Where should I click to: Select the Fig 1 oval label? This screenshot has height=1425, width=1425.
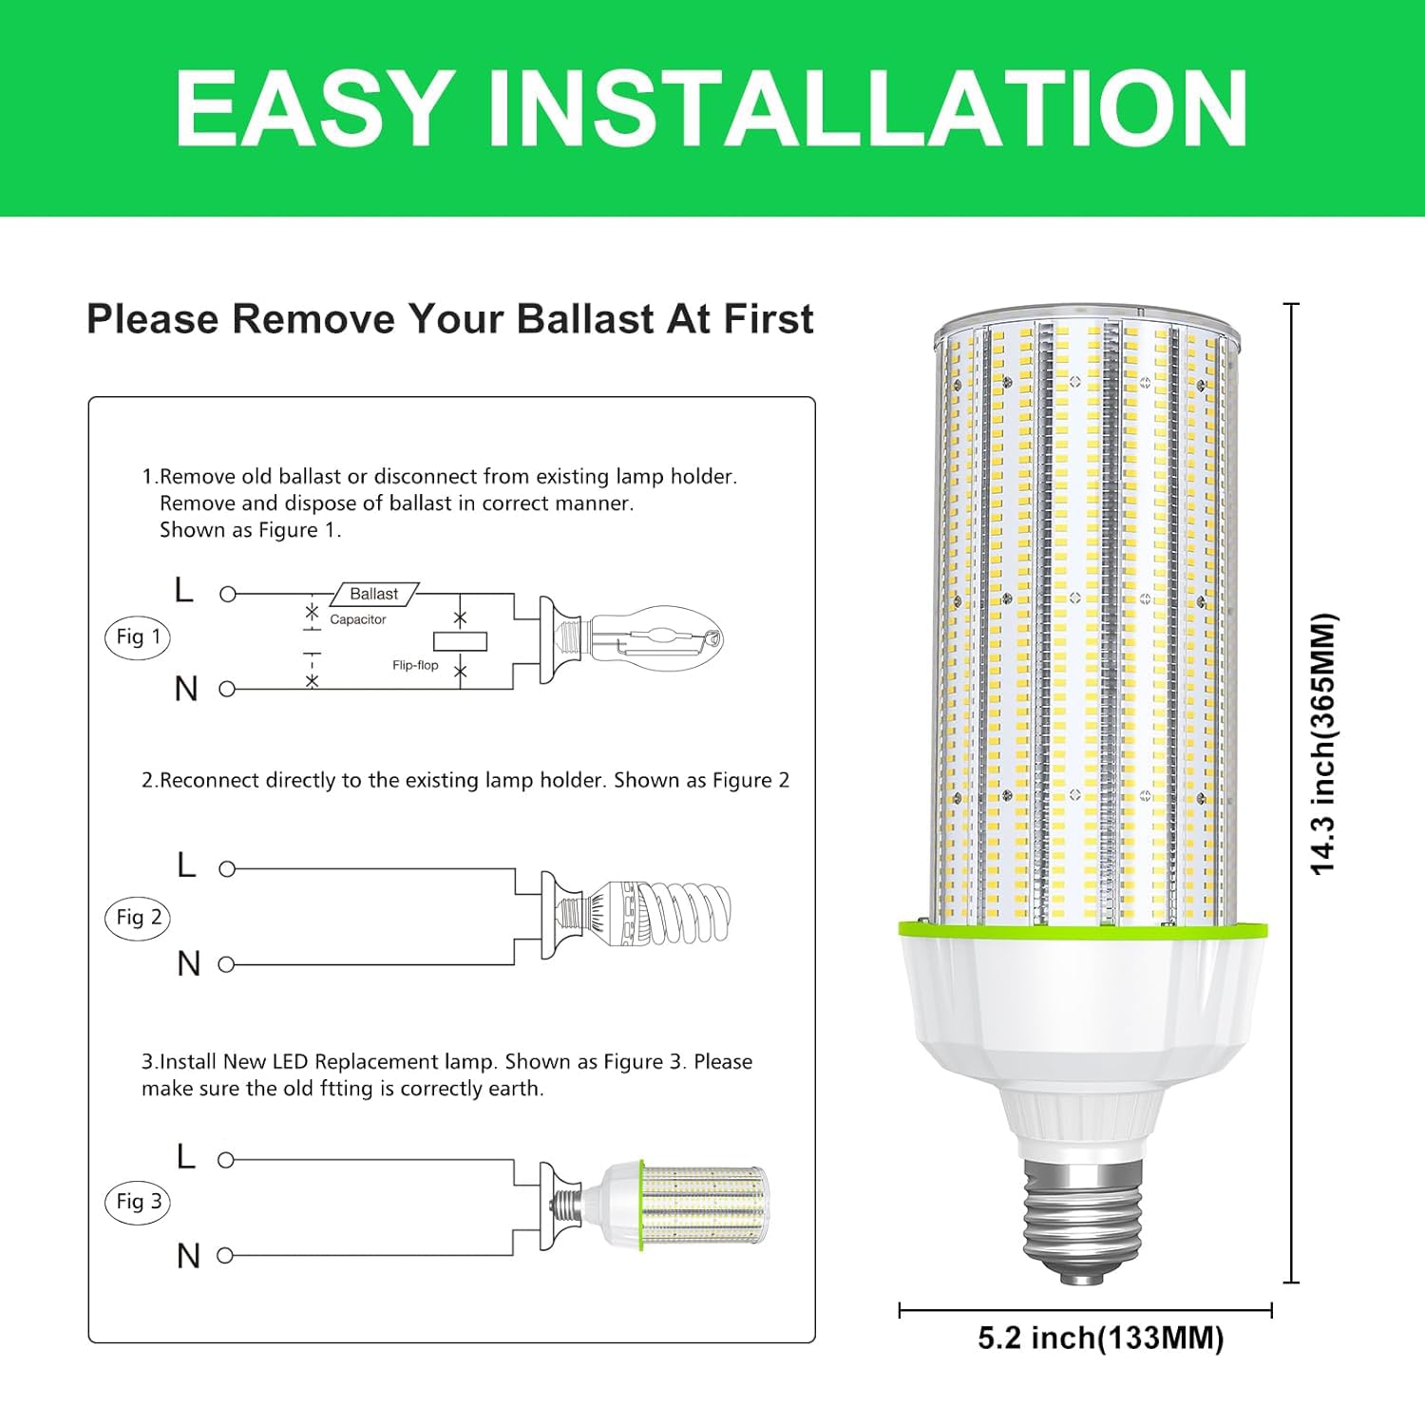138,636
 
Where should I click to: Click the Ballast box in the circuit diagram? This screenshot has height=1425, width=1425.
374,595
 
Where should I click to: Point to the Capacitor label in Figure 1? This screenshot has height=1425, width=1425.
358,619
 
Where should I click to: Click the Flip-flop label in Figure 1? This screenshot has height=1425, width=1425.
415,665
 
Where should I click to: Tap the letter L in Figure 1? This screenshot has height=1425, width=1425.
184,591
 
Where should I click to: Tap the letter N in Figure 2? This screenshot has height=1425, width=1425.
189,964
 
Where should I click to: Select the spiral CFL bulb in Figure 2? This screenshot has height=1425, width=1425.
665,914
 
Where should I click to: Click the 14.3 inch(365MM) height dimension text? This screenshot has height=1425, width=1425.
1323,744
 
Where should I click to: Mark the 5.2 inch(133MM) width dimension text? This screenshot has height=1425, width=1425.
1101,1339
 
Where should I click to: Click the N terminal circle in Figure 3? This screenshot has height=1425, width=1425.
226,1256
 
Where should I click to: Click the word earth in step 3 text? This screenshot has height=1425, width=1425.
515,1089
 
